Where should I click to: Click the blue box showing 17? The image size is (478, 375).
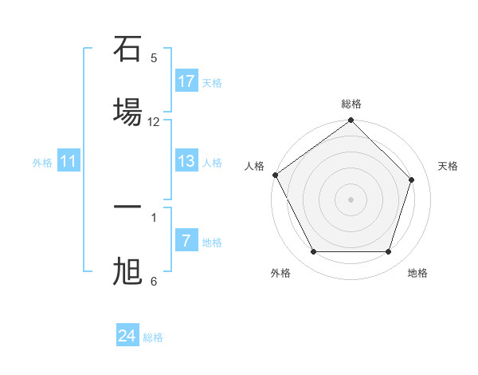point(186,81)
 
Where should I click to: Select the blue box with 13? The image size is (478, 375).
point(186,161)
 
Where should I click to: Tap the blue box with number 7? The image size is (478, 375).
point(186,241)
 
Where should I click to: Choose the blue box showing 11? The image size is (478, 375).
point(69,161)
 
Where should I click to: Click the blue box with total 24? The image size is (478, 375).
point(127,336)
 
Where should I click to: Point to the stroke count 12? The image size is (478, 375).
point(154,122)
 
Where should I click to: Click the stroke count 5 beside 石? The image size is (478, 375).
point(154,57)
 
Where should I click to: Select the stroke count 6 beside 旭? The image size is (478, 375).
point(154,281)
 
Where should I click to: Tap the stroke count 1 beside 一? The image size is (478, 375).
point(154,216)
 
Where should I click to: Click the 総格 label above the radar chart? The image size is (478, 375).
point(351,104)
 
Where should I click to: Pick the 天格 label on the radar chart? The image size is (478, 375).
point(448,166)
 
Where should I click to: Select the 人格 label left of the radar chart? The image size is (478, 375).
point(254,166)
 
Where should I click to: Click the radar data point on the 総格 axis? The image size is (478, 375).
point(351,121)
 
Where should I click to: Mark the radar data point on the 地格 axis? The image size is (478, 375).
point(389,252)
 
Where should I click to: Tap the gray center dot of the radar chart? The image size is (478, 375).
point(351,199)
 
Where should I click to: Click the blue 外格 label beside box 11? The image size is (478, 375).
point(42,162)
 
